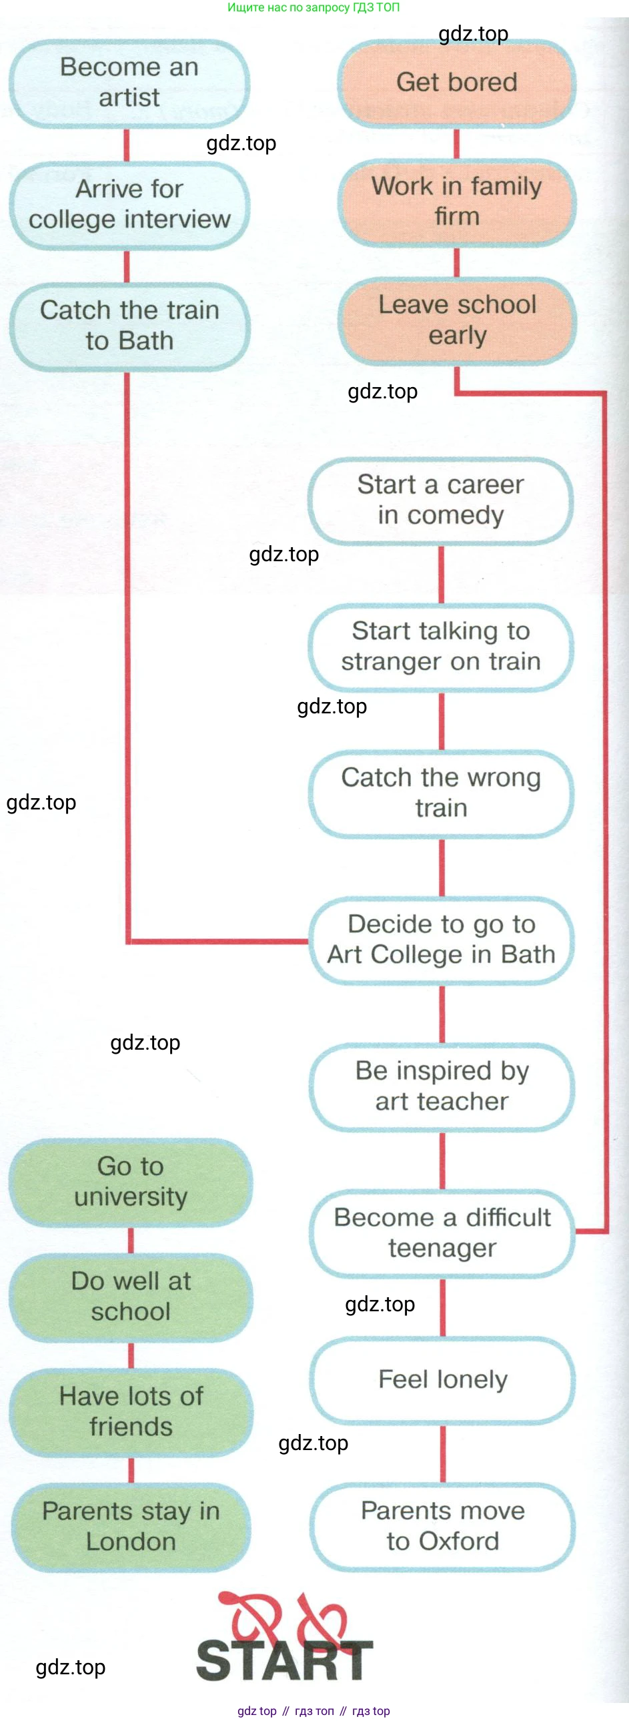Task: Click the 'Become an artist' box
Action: (x=129, y=83)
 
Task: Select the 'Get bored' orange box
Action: (x=457, y=83)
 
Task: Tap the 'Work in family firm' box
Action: (x=457, y=202)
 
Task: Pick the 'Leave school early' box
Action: (x=457, y=320)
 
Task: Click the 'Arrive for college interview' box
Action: (x=129, y=204)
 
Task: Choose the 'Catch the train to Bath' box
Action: (x=129, y=326)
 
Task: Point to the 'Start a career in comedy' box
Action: (x=441, y=500)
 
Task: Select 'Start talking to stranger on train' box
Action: (x=441, y=646)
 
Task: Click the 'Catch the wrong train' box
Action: (x=441, y=793)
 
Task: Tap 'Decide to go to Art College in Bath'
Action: (x=441, y=940)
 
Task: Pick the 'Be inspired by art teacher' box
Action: (x=442, y=1086)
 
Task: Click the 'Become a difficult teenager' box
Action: (x=442, y=1233)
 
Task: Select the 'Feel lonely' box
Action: (x=443, y=1379)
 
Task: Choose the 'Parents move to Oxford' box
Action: (x=443, y=1526)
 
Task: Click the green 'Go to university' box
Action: (x=131, y=1181)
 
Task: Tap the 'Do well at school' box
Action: (x=131, y=1297)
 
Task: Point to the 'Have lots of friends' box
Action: (x=131, y=1411)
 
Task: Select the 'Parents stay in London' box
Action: (x=131, y=1527)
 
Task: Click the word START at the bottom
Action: (x=284, y=1660)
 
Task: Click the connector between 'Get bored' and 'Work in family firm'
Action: (x=457, y=143)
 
